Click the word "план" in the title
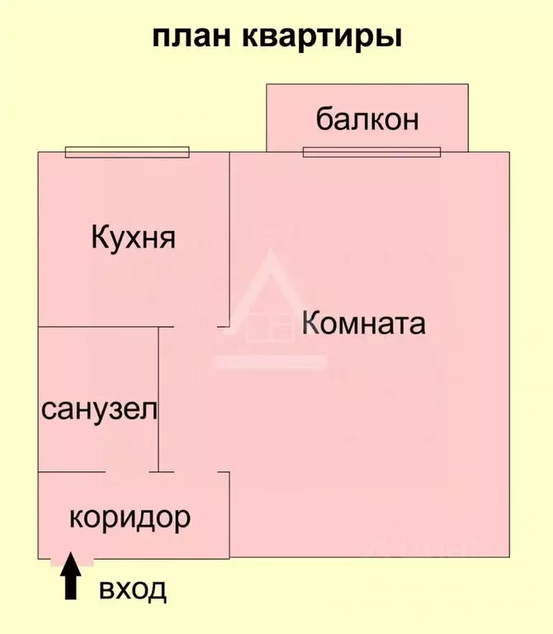(x=191, y=37)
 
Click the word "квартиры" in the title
(x=322, y=39)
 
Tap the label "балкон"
(x=367, y=119)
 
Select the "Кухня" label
(x=134, y=238)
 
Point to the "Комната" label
(x=364, y=323)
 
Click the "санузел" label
(x=99, y=409)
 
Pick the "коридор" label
(x=130, y=518)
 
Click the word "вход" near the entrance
(x=133, y=590)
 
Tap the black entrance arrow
(x=71, y=575)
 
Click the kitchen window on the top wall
(x=127, y=152)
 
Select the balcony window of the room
(x=372, y=152)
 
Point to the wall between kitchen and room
(x=229, y=239)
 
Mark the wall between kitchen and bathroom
(x=106, y=327)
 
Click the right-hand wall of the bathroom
(x=158, y=400)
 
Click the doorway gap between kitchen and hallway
(x=196, y=327)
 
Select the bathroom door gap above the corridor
(x=127, y=472)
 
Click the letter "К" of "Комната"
(x=311, y=323)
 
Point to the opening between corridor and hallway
(x=196, y=472)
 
